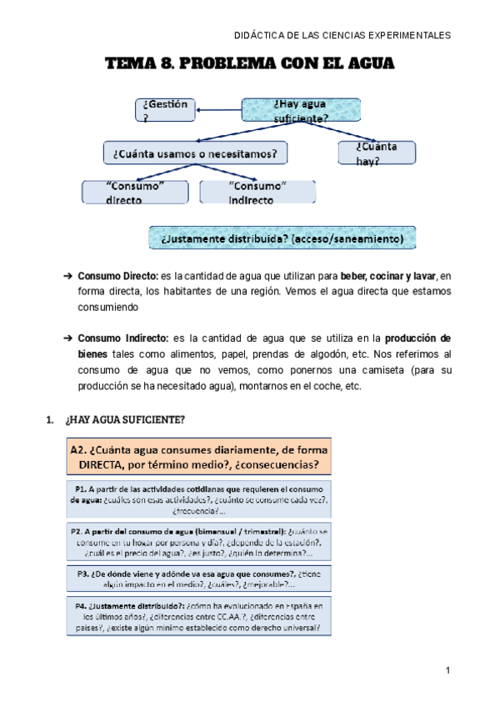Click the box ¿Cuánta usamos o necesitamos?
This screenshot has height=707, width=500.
195,153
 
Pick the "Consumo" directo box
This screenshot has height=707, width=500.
135,192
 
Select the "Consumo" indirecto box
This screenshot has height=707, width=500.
257,192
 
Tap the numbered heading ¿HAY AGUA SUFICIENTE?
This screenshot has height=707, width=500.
124,418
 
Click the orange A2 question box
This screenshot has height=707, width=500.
198,455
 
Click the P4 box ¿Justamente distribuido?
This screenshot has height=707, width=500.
198,617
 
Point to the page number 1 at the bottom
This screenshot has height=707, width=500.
447,671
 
